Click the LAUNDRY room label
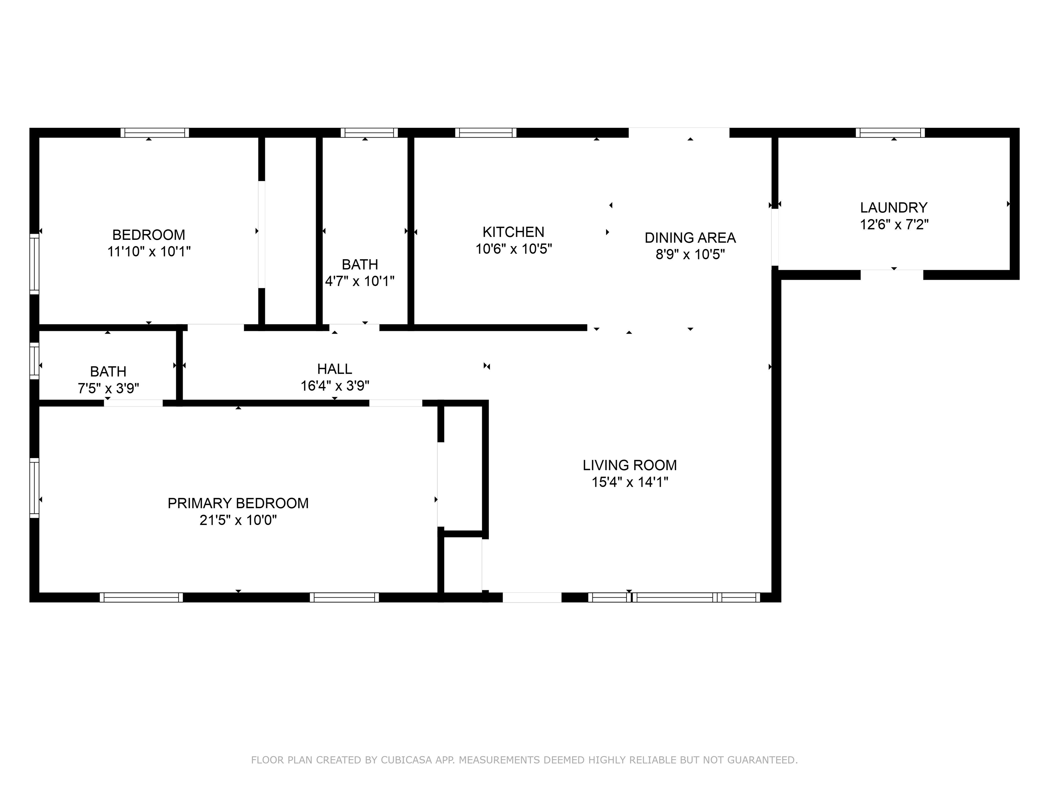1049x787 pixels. pyautogui.click(x=893, y=207)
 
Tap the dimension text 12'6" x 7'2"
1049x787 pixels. pyautogui.click(x=893, y=224)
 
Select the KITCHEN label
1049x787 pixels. pyautogui.click(x=513, y=232)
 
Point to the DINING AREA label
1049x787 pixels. pyautogui.click(x=690, y=238)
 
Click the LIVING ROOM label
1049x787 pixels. pyautogui.click(x=629, y=465)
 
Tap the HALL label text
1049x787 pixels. pyautogui.click(x=334, y=369)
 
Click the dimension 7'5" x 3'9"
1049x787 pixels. pyautogui.click(x=108, y=388)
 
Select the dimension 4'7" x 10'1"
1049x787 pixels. pyautogui.click(x=360, y=281)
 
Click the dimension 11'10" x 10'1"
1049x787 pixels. pyautogui.click(x=149, y=251)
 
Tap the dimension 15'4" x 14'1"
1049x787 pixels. pyautogui.click(x=629, y=482)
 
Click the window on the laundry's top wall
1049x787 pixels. pyautogui.click(x=890, y=133)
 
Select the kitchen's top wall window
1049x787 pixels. pyautogui.click(x=486, y=133)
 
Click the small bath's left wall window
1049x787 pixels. pyautogui.click(x=34, y=360)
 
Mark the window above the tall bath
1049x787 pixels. pyautogui.click(x=369, y=133)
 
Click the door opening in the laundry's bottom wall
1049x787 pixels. pyautogui.click(x=892, y=275)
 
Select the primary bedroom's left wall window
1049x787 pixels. pyautogui.click(x=34, y=488)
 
